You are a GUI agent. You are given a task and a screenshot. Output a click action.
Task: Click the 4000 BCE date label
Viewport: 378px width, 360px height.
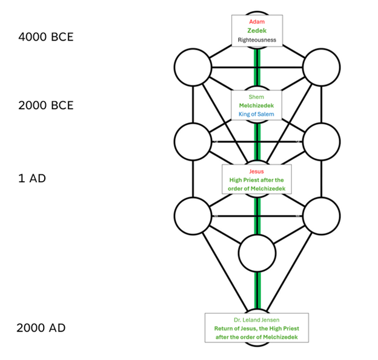pos(46,37)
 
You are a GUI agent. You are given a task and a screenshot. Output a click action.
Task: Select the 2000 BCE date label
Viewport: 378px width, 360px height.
pos(46,105)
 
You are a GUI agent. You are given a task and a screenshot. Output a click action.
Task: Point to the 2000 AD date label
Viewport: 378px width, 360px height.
pos(41,328)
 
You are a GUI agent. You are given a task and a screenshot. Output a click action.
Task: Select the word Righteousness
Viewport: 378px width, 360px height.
pos(257,40)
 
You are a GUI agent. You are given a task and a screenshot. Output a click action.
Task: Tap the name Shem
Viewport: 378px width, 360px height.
pos(256,97)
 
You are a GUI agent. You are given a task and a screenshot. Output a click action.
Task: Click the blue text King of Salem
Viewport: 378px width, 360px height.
pos(256,115)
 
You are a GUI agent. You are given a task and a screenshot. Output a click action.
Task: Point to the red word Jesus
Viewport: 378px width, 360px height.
pos(256,172)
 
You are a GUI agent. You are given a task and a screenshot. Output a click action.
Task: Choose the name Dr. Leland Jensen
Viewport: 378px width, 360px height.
pos(256,320)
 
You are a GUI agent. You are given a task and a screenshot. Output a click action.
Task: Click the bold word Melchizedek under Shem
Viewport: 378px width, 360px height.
pos(256,105)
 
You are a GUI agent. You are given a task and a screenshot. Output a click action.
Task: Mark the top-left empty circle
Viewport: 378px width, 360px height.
pos(193,67)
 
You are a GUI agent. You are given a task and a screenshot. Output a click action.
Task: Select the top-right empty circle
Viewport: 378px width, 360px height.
pos(321,67)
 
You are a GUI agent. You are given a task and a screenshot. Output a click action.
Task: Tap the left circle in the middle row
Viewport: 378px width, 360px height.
pos(193,141)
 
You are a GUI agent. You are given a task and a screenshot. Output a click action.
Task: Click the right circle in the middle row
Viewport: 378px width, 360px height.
pos(321,141)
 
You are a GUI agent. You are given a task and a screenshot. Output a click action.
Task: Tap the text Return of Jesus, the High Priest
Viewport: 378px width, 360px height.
pos(256,328)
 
